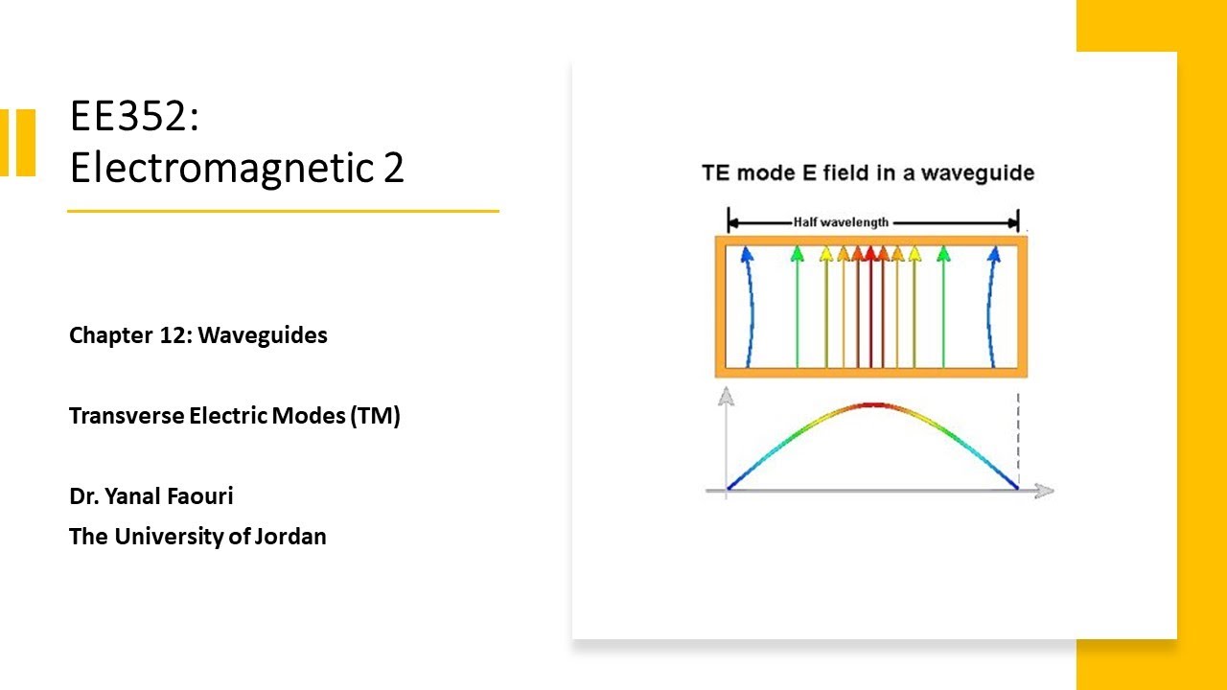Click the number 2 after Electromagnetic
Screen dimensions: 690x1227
point(394,168)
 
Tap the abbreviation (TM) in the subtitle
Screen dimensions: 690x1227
point(375,417)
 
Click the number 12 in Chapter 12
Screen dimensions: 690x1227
point(172,335)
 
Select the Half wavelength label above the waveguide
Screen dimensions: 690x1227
point(841,222)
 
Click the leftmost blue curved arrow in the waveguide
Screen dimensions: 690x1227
point(747,307)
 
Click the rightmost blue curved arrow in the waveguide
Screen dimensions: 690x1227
point(995,307)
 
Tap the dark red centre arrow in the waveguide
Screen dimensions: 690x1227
point(870,307)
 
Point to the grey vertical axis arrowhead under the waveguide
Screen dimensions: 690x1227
point(727,394)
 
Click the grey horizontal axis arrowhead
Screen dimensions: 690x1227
point(1045,491)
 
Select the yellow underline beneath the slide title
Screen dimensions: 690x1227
point(283,211)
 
